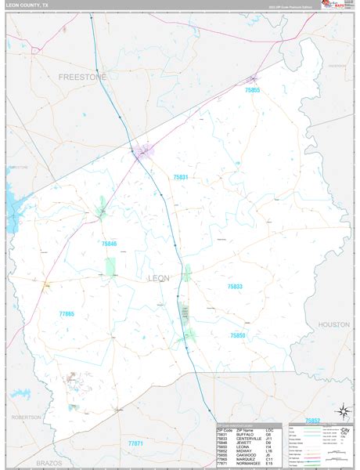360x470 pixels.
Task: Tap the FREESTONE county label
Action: coord(81,77)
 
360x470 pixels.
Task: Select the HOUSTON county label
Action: coord(334,324)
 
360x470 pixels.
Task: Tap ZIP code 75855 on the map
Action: coord(252,90)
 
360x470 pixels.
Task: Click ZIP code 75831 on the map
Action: coord(181,178)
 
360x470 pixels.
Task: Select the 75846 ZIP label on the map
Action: coord(109,244)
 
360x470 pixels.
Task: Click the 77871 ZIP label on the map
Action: coord(136,443)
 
